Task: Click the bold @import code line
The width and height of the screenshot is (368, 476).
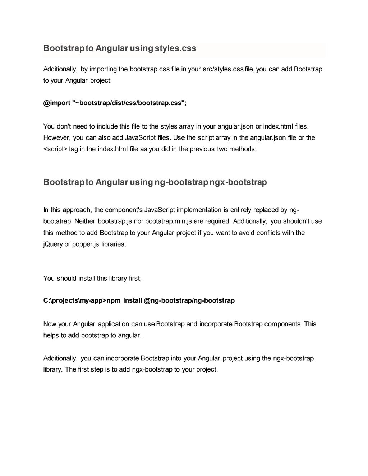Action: pyautogui.click(x=115, y=103)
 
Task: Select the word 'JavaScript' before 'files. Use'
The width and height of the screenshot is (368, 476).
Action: pyautogui.click(x=140, y=137)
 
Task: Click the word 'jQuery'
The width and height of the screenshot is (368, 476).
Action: pyautogui.click(x=53, y=244)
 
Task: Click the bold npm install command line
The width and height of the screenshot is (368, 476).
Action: pyautogui.click(x=139, y=300)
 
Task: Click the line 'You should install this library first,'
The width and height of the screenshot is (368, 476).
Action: pyautogui.click(x=92, y=278)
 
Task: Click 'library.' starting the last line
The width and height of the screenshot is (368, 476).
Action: pyautogui.click(x=53, y=369)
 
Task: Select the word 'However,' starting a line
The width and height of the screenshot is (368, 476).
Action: pyautogui.click(x=56, y=137)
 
